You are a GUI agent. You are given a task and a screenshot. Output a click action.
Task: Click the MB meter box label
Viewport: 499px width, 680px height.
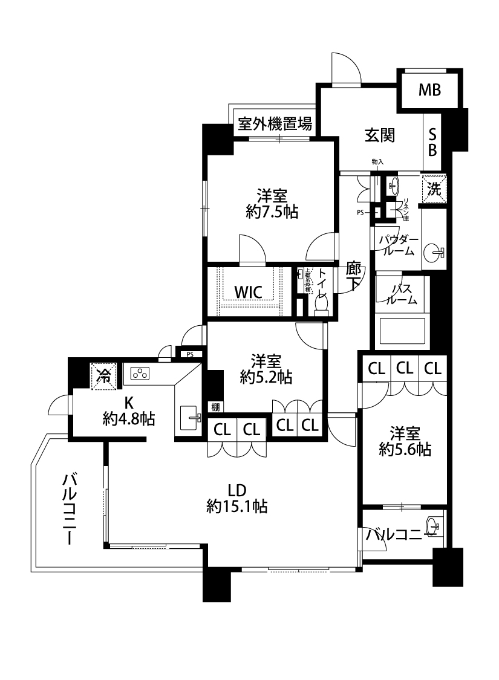429,91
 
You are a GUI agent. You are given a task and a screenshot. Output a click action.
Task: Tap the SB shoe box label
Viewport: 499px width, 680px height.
432,142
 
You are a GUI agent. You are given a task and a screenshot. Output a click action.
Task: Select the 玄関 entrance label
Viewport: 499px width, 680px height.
379,136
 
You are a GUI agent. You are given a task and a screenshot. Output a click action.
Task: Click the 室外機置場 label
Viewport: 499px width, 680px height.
275,125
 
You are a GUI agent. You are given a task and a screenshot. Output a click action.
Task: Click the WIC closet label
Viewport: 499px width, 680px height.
248,293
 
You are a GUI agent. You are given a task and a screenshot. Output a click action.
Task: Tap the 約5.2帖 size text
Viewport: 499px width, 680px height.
266,378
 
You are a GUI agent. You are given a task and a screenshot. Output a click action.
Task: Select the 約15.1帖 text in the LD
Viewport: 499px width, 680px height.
237,506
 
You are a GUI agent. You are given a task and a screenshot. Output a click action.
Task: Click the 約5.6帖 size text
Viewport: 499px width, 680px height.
405,450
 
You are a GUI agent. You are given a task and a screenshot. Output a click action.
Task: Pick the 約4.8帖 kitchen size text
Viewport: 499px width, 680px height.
128,418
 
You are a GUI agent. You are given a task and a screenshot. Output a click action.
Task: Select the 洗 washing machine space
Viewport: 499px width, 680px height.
434,187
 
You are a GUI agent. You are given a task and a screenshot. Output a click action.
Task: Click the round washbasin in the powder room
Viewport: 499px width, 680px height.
435,252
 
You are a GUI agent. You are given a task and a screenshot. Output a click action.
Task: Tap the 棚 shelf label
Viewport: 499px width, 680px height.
215,407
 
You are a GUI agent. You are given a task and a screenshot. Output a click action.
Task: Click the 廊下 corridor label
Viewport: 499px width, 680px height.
354,276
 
